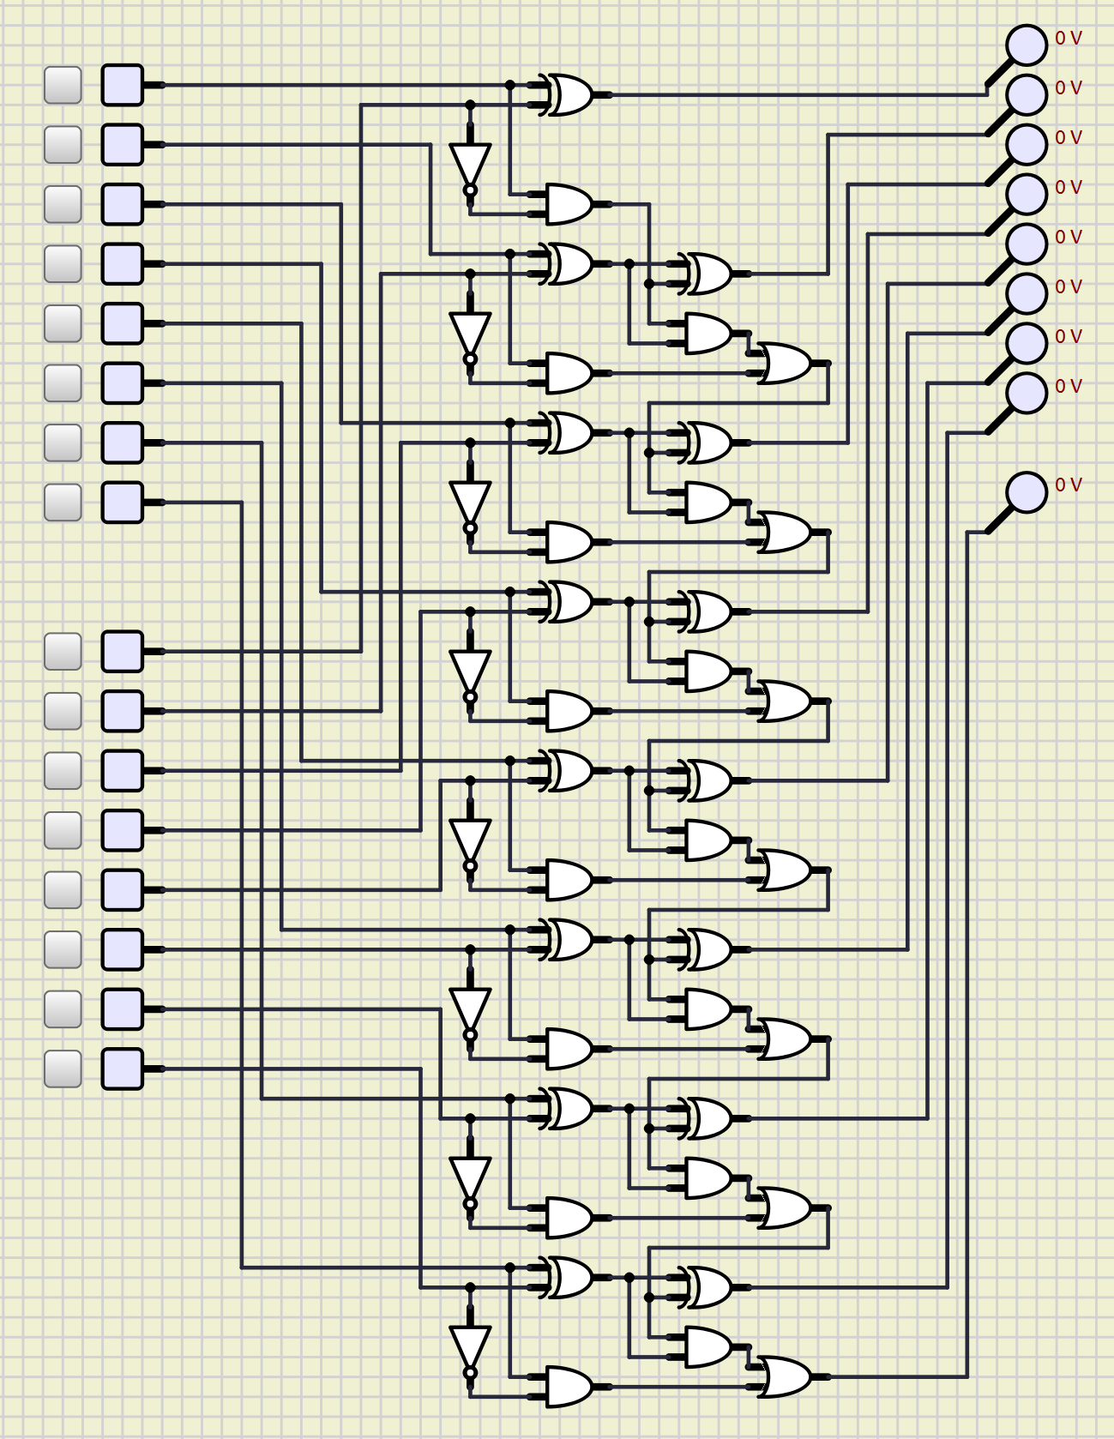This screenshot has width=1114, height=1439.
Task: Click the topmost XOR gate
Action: (569, 94)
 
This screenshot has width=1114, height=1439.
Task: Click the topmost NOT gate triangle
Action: (470, 163)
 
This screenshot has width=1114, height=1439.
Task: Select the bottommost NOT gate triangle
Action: (470, 1346)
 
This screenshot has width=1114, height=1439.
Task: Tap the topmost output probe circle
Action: (1027, 45)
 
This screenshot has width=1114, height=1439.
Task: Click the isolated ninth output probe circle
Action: (1027, 492)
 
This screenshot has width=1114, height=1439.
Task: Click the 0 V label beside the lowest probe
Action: (1069, 485)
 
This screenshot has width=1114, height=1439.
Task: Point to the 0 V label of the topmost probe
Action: (1069, 39)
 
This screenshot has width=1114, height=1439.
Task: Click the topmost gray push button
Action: (63, 85)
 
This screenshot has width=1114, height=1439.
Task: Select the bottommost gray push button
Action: (63, 1069)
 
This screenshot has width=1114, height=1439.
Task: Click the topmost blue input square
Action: (123, 85)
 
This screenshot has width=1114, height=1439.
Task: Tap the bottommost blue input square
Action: (123, 1069)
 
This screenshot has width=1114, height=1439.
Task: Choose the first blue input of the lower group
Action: (123, 652)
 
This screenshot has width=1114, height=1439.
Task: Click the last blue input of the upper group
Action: (123, 502)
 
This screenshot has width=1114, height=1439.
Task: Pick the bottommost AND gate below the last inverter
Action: (569, 1386)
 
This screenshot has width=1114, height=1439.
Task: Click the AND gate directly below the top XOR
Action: (569, 204)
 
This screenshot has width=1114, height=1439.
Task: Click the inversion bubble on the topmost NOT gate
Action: (470, 190)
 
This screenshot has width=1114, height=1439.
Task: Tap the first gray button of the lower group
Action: (63, 652)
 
